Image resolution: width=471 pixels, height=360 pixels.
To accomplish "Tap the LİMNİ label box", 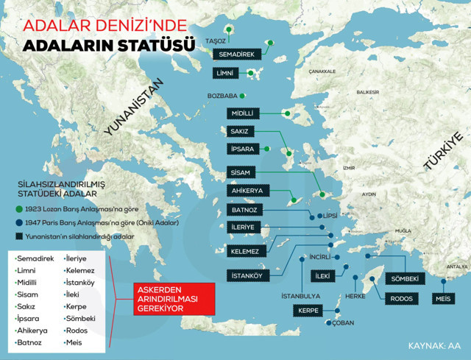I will tap(223, 73).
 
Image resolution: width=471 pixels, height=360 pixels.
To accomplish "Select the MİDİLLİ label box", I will tap(244, 113).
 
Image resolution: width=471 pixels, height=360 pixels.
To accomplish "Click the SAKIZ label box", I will tap(241, 132).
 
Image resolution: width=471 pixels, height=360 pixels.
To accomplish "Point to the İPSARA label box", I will tap(244, 150).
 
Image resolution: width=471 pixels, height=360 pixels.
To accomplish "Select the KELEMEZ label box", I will tap(244, 252).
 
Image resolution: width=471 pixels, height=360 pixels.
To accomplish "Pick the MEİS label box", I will tap(442, 298).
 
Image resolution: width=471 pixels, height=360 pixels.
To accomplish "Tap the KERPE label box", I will tap(308, 311).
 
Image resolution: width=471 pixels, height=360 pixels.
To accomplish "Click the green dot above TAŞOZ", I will tap(230, 30).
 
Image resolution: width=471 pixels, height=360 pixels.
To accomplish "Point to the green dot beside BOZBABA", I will tap(243, 96).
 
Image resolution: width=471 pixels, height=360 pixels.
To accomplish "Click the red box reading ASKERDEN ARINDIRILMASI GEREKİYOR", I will tap(166, 299).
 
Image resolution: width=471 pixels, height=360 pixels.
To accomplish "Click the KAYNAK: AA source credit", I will tap(433, 345).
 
